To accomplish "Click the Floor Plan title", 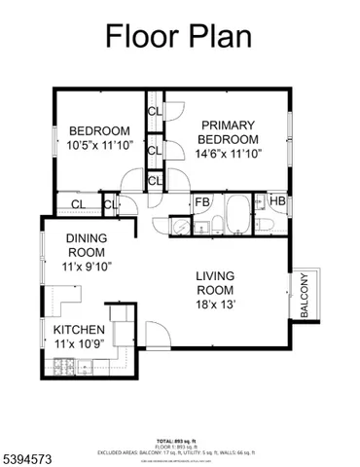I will (178, 36).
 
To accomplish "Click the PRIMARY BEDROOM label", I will (229, 132).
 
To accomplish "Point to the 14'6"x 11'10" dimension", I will (228, 154).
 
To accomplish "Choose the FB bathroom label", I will (202, 202).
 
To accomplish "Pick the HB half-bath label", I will (277, 202).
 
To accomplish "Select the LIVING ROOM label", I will (214, 283).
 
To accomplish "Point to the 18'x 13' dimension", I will (216, 305).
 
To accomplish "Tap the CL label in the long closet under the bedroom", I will (77, 204).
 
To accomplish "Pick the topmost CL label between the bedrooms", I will (155, 111).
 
